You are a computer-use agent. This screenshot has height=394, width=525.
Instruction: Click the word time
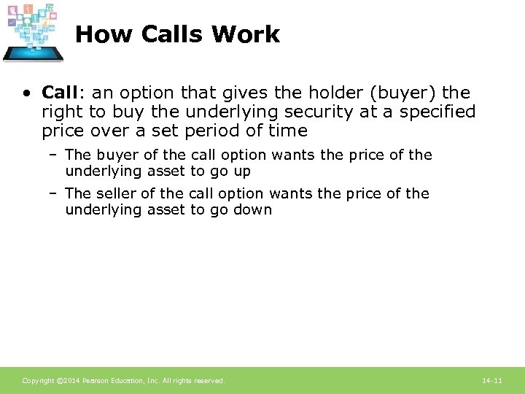point(287,131)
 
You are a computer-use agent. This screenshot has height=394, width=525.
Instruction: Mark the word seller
point(117,193)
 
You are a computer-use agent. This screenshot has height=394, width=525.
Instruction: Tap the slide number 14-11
point(492,381)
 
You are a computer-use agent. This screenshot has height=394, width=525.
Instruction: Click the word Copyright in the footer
point(37,381)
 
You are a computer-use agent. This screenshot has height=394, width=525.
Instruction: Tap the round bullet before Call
point(26,93)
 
